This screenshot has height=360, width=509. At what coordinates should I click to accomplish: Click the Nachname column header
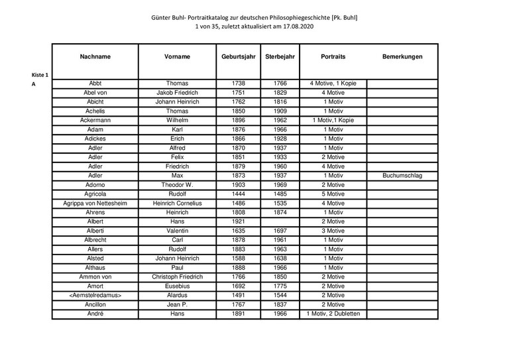[x=95, y=57]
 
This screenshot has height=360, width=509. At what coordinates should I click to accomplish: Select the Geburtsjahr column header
[x=238, y=57]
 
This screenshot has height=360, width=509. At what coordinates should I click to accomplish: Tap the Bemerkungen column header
[x=402, y=57]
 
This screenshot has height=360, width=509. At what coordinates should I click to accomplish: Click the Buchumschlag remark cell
[x=402, y=176]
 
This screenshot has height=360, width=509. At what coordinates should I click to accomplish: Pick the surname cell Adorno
[x=95, y=185]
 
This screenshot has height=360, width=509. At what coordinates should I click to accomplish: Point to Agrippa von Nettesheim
[x=95, y=204]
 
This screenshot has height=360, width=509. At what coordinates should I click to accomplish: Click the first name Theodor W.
[x=177, y=185]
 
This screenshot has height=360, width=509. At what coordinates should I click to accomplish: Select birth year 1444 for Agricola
[x=238, y=194]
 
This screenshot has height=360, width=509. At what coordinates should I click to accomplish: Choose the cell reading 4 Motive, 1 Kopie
[x=333, y=84]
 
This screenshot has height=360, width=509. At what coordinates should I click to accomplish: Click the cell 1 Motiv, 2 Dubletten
[x=333, y=314]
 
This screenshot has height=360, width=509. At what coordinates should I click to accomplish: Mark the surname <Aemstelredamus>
[x=95, y=295]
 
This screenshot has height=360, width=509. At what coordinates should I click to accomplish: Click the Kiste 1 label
[x=40, y=75]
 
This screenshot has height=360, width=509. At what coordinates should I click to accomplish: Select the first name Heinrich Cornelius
[x=177, y=204]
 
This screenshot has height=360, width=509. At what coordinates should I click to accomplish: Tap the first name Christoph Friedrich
[x=177, y=276]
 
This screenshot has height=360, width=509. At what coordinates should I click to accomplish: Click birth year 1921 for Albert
[x=238, y=221]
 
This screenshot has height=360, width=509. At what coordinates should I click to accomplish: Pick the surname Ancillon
[x=95, y=304]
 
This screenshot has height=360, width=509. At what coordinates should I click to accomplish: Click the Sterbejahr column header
[x=280, y=57]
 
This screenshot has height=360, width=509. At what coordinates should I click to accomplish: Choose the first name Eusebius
[x=177, y=286]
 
